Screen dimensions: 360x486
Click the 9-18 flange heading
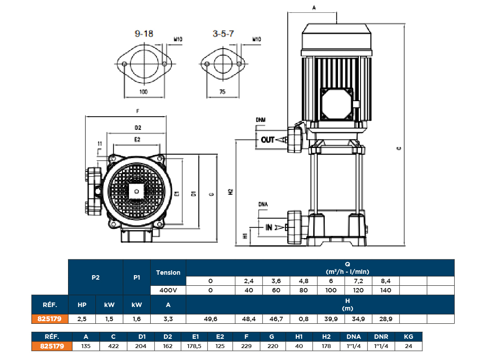pos(144,34)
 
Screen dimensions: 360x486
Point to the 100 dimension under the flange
pos(144,92)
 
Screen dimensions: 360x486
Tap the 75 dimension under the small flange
pos(222,92)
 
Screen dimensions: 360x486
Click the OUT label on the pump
pos(268,140)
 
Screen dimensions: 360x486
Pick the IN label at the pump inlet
pos(269,227)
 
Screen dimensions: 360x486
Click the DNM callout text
pos(261,120)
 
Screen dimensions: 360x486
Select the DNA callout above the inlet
pos(263,204)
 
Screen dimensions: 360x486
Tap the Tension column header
pos(168,273)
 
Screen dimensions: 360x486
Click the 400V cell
pos(168,290)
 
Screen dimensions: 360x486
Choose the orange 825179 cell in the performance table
pos(49,318)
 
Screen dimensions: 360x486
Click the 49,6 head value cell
pos(210,318)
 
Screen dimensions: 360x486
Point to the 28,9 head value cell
pos(386,318)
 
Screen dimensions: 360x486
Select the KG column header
pos(408,336)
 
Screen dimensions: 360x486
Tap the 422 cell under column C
pos(113,346)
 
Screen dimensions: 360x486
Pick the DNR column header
pos(381,336)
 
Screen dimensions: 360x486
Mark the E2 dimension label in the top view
pos(137,139)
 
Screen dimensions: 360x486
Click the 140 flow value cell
pos(386,290)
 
